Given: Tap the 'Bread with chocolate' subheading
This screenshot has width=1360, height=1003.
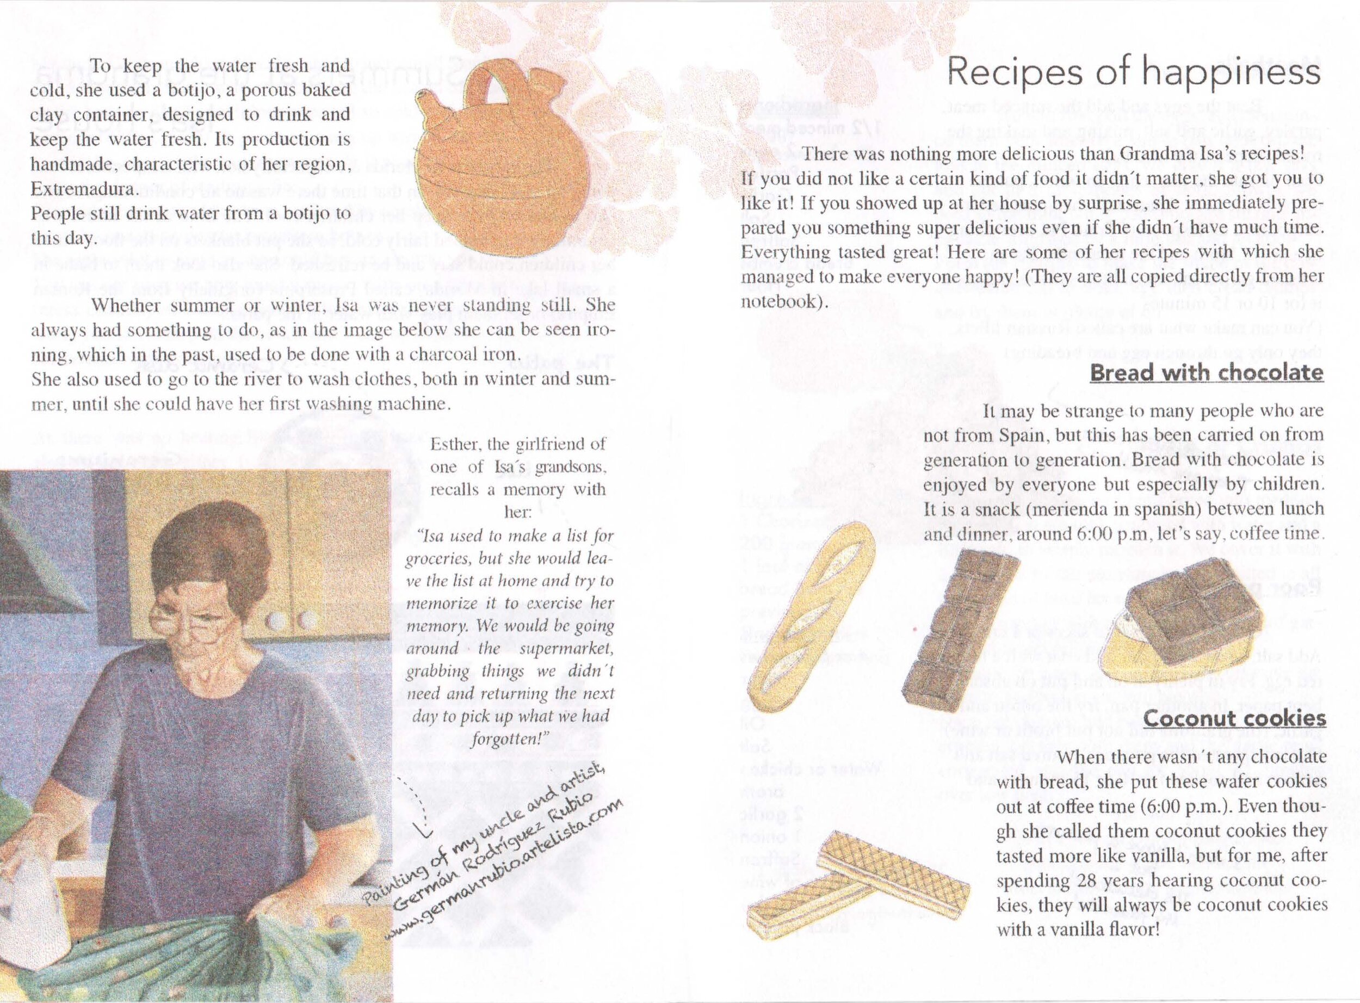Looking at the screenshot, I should tap(1206, 372).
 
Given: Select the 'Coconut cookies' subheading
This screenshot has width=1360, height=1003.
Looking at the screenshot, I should tap(1234, 718).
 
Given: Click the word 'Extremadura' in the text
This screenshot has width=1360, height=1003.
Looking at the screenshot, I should tap(83, 189).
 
